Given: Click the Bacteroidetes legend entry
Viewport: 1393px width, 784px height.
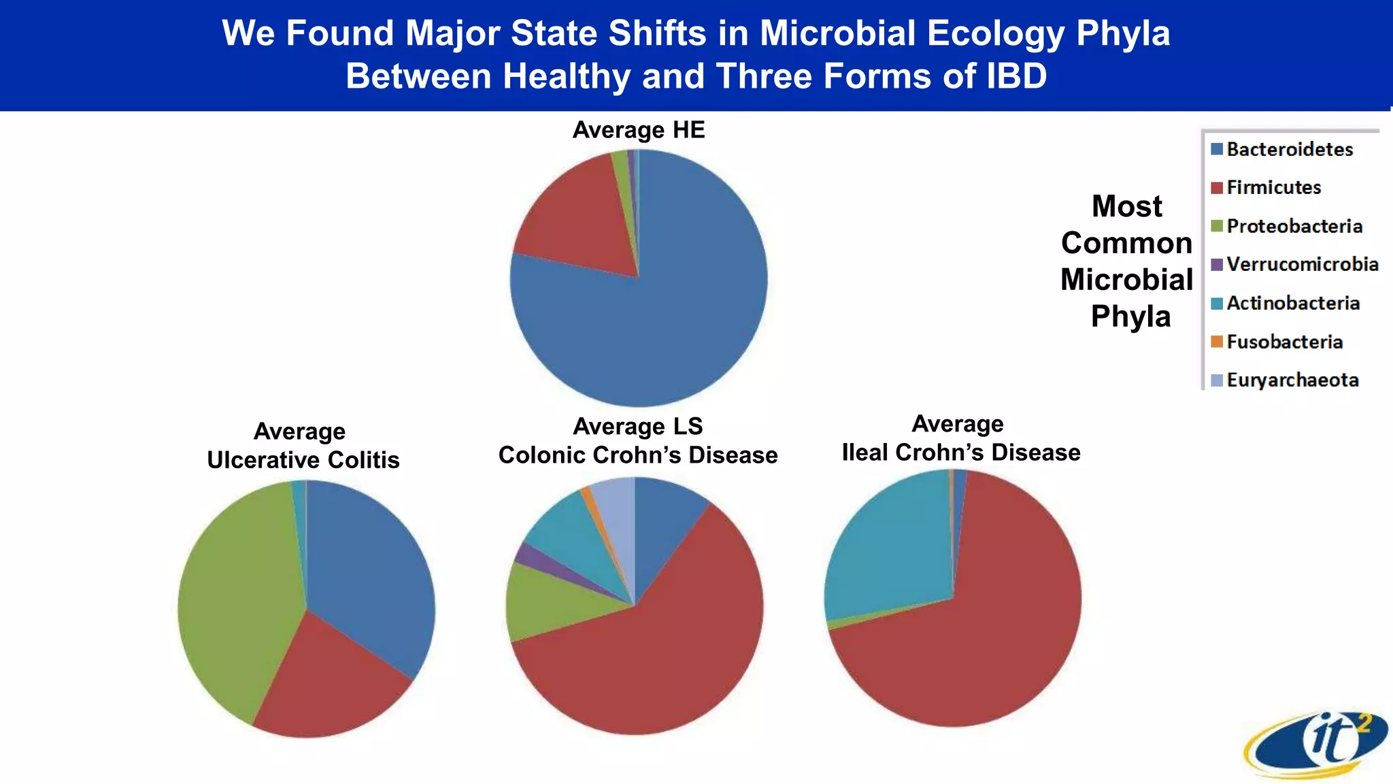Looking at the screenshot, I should tap(1290, 150).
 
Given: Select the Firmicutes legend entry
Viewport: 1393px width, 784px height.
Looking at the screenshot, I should tap(1273, 188).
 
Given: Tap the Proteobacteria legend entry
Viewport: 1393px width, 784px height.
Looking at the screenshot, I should tap(1294, 227).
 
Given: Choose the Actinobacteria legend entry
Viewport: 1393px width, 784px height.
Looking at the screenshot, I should tap(1292, 304).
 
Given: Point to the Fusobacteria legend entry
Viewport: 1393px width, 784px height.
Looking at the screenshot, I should tap(1284, 342).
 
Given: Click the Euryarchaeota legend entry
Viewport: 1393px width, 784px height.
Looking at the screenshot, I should tap(1292, 380).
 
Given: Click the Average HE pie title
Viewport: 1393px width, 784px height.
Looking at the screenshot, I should tap(639, 130).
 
